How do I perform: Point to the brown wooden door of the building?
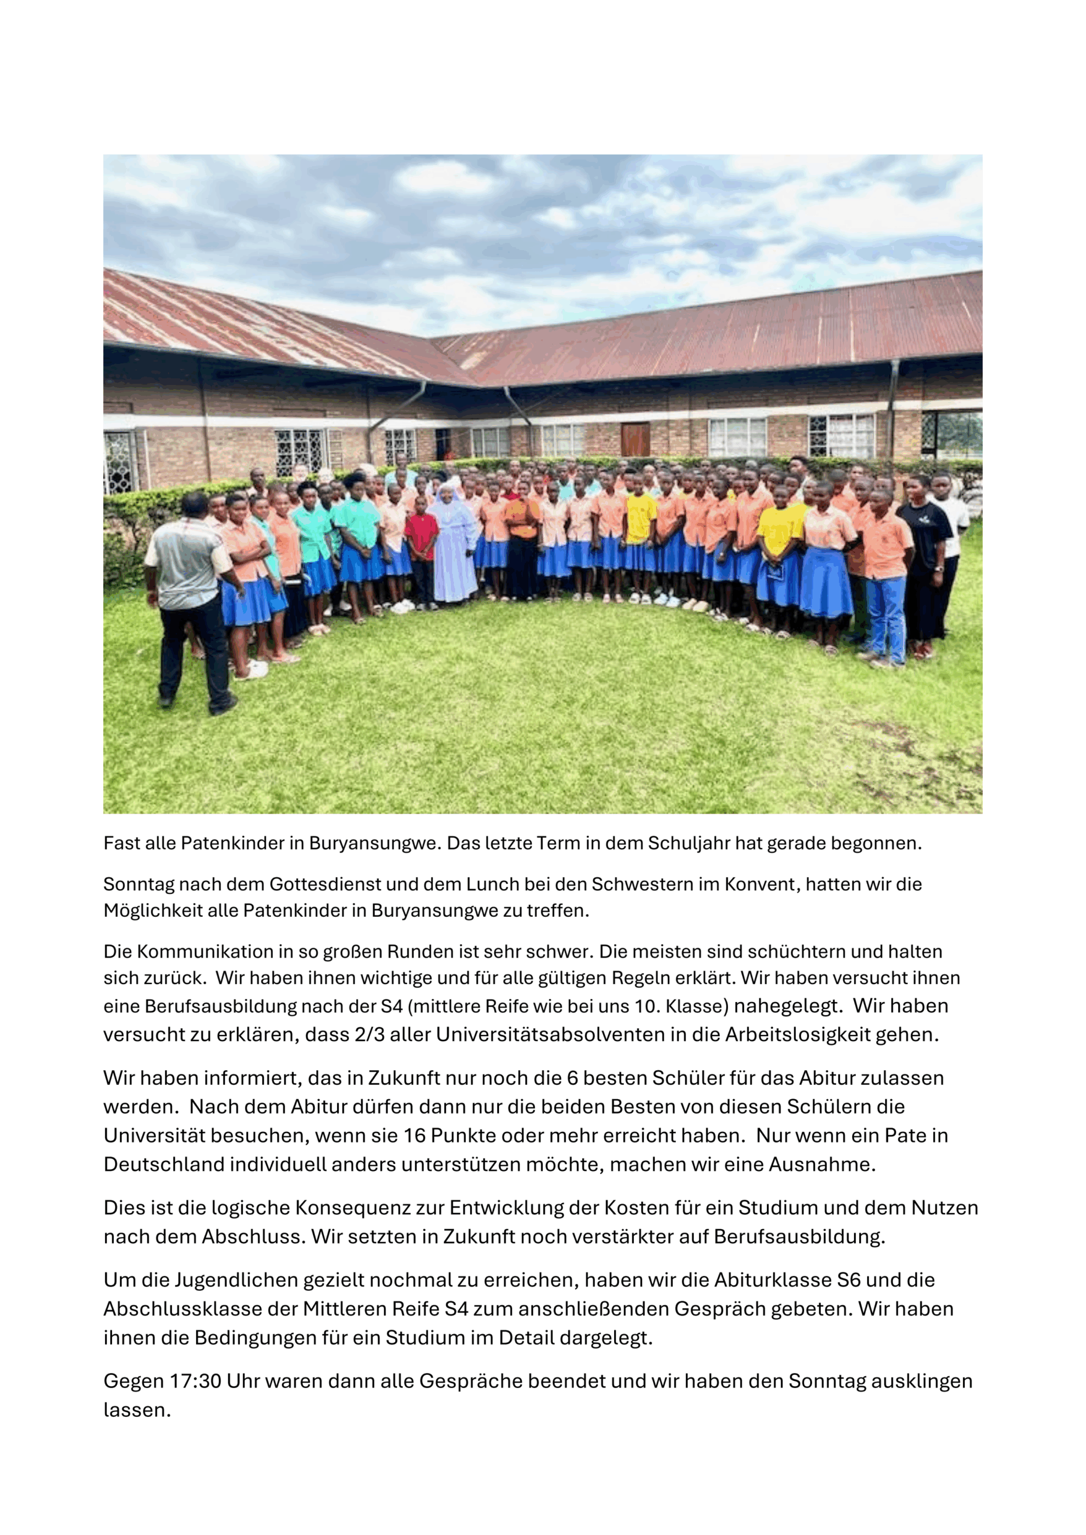point(634,440)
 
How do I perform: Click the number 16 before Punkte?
point(414,1135)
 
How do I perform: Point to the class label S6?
point(849,1280)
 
